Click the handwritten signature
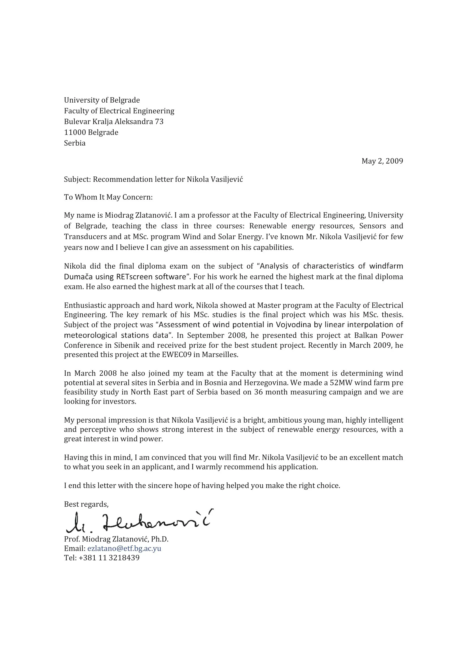pyautogui.click(x=139, y=521)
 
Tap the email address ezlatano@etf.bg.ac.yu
pyautogui.click(x=124, y=548)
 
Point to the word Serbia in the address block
pyautogui.click(x=75, y=143)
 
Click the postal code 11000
pyautogui.click(x=75, y=132)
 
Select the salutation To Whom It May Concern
pyautogui.click(x=108, y=197)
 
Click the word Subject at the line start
pyautogui.click(x=77, y=179)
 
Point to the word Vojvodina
pyautogui.click(x=293, y=325)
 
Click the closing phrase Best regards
pyautogui.click(x=86, y=504)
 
